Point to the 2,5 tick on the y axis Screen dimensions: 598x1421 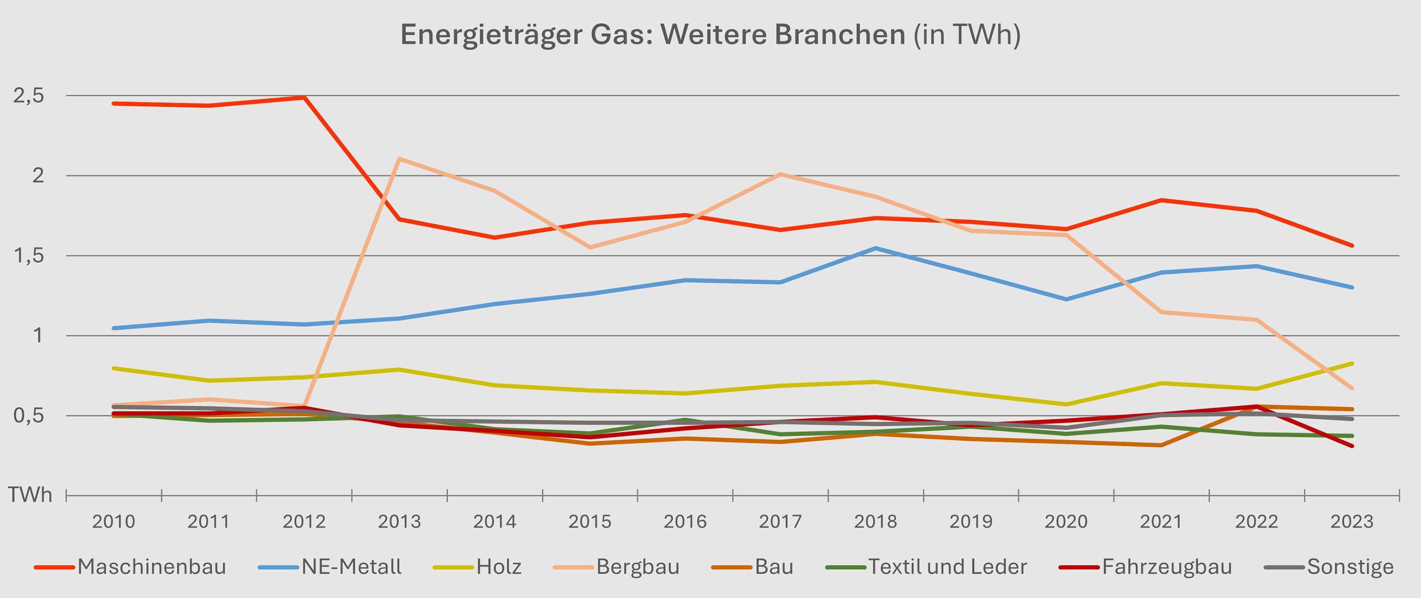(29, 96)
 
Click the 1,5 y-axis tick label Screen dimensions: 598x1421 (29, 255)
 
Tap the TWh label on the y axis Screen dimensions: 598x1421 (30, 495)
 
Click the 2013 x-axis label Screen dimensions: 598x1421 (399, 521)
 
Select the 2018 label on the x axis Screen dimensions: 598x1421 (875, 521)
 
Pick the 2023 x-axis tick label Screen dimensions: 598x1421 (1351, 521)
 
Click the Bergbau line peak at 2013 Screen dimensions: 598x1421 (399, 159)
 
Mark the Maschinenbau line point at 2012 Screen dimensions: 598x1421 (304, 97)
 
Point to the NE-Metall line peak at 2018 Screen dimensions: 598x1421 (875, 248)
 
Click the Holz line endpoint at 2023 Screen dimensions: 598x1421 (1351, 364)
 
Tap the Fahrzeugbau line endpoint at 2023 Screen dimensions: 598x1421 (1351, 446)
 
